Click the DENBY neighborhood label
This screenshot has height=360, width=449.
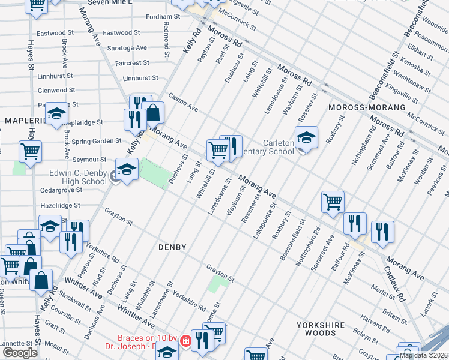[173, 247]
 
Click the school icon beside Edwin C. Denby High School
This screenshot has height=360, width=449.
[127, 170]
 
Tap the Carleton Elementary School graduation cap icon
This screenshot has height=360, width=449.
[306, 137]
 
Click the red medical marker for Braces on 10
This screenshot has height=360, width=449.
[186, 341]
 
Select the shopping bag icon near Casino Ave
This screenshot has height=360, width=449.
[153, 112]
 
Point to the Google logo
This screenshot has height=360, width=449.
[20, 353]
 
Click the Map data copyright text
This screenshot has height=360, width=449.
[423, 355]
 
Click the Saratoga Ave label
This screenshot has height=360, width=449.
[127, 47]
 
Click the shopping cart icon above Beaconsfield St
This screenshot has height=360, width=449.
[332, 202]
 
